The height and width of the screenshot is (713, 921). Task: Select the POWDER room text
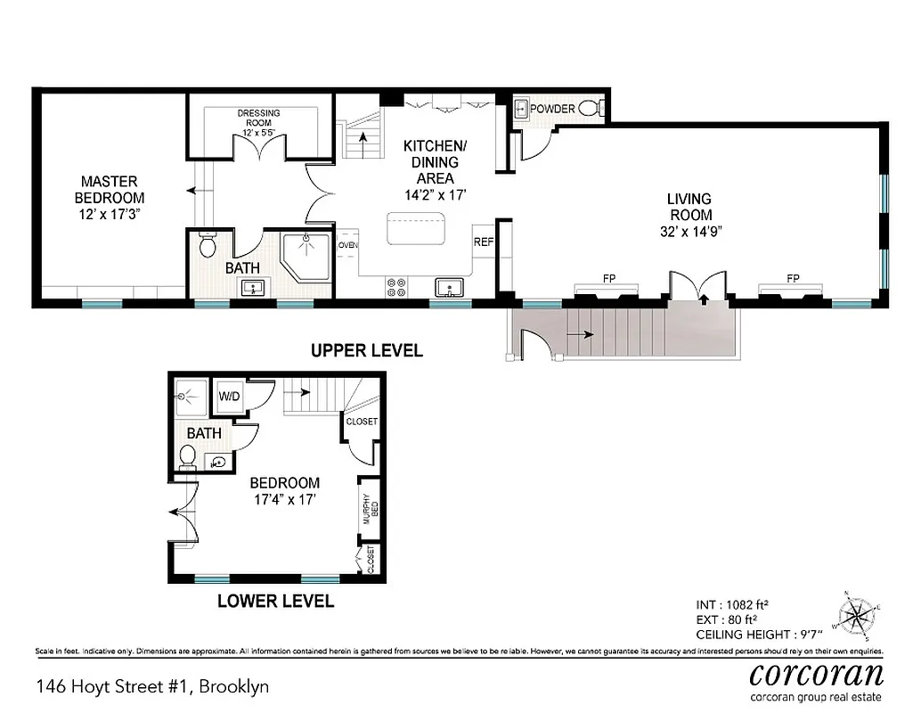point(552,109)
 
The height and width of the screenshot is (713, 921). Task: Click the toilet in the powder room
point(590,109)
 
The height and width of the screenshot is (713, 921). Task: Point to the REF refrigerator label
point(483,242)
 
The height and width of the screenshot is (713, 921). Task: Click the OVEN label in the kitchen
point(347,245)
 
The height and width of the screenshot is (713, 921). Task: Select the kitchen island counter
point(415,229)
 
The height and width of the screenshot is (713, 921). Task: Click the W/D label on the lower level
point(227,395)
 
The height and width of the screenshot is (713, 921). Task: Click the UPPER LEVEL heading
point(366,350)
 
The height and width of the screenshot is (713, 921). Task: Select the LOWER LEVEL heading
point(275,602)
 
